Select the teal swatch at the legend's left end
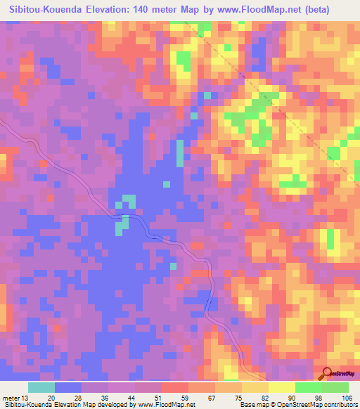click(41, 387)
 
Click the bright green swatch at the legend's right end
click(335, 387)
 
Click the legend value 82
click(268, 397)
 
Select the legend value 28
click(82, 397)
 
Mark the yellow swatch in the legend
click(281, 387)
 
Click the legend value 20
click(55, 397)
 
